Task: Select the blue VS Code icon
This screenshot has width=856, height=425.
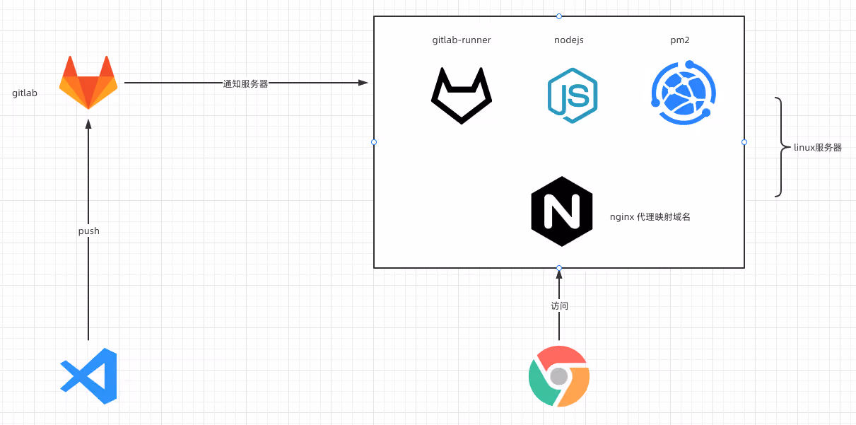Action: point(88,376)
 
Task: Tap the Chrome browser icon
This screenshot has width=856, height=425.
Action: point(559,376)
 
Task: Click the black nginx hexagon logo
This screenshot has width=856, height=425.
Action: point(562,211)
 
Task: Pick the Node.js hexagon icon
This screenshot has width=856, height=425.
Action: point(573,95)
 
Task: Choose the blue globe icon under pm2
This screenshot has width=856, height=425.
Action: point(684,93)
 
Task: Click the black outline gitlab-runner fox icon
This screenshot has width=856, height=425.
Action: point(462,95)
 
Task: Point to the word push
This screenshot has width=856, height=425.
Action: point(88,231)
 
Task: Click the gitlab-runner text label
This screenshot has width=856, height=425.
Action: point(462,40)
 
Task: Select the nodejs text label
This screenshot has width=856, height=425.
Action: point(568,40)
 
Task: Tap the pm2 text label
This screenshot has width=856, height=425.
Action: point(680,40)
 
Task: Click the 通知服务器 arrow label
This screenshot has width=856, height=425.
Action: point(245,83)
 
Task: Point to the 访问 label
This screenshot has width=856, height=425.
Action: point(559,305)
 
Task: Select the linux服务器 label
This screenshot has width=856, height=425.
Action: point(818,148)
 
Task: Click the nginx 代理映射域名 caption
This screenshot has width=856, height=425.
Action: point(650,217)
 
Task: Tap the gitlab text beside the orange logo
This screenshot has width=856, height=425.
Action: point(25,93)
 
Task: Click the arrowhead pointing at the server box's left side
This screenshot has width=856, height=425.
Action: point(363,83)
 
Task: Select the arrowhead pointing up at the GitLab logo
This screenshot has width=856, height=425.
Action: point(88,124)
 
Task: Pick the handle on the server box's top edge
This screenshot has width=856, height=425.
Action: point(559,16)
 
